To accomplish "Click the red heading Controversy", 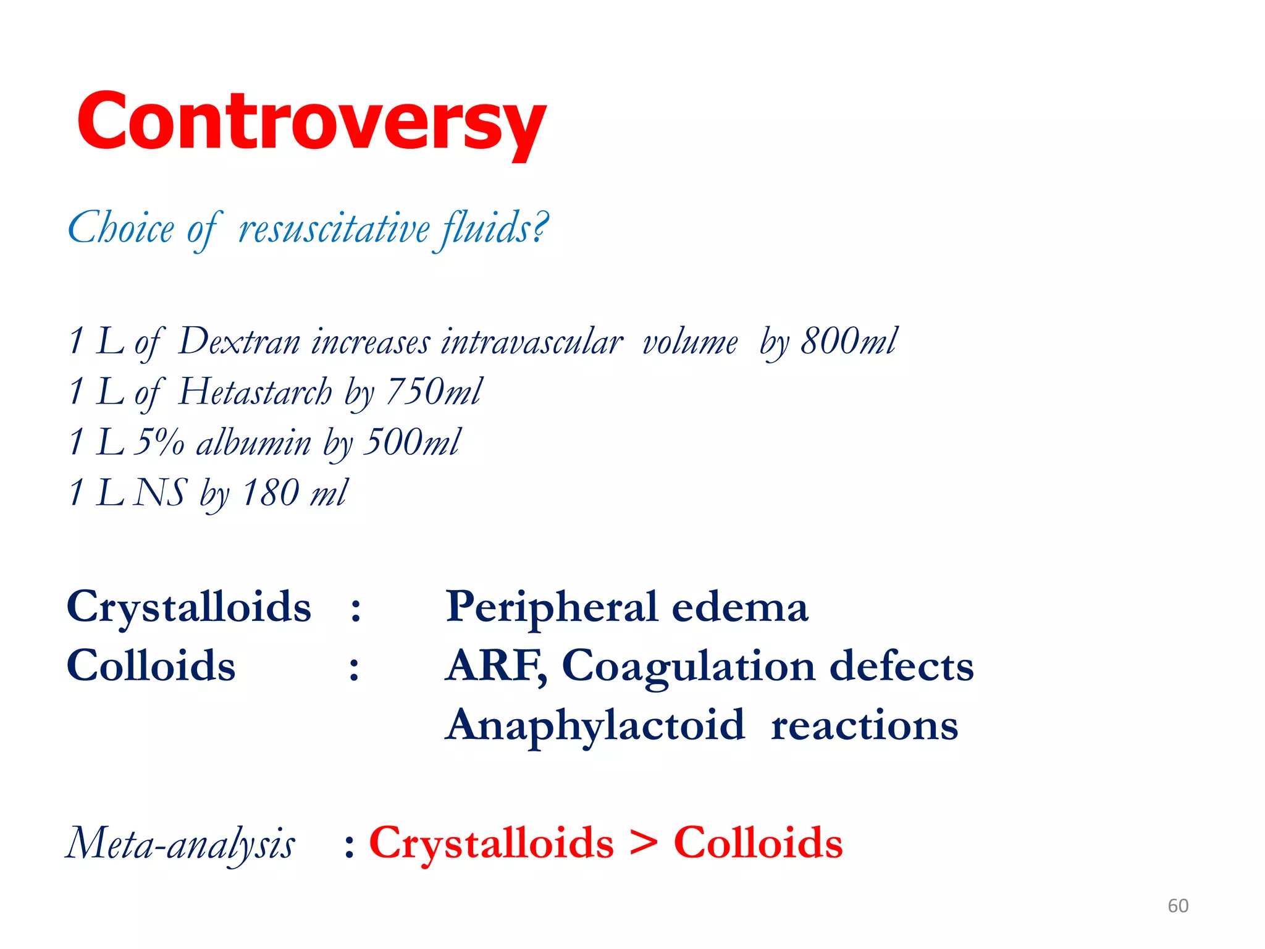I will point(311,121).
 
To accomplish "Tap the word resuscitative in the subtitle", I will point(334,229).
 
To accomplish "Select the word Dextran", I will point(239,342).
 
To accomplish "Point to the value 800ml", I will point(849,342).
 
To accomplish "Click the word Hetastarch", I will point(255,392).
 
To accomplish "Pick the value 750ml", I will point(434,392).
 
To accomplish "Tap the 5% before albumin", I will point(159,443).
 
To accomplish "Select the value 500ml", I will point(411,443).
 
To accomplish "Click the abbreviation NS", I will point(161,493).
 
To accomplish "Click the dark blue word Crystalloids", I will point(189,607).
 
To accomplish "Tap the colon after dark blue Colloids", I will point(354,669).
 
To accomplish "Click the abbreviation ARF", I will point(494,666).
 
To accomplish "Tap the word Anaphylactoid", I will point(595,725).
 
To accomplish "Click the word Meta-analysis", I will point(180,844).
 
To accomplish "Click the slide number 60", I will point(1177,906).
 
